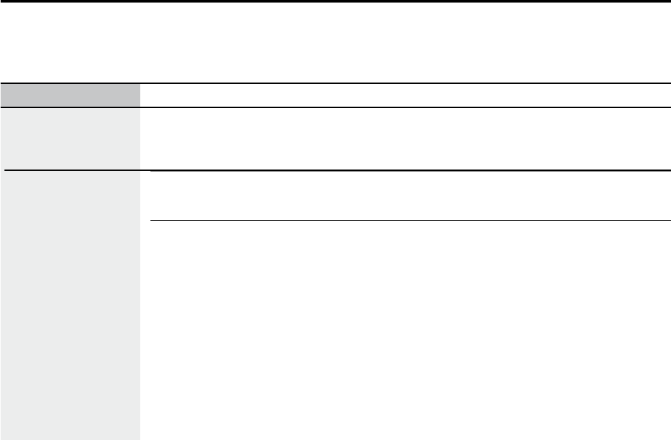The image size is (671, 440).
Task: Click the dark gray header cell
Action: click(70, 95)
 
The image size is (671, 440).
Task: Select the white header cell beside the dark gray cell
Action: click(405, 95)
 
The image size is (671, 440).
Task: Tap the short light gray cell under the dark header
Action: click(70, 138)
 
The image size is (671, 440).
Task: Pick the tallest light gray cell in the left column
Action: click(70, 305)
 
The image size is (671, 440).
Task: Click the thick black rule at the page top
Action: click(335, 1)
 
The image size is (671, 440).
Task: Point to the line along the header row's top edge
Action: click(335, 83)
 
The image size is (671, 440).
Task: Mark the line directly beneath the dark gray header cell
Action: click(70, 107)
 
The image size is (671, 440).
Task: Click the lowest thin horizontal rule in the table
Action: click(410, 221)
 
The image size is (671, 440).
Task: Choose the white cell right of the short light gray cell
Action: click(405, 138)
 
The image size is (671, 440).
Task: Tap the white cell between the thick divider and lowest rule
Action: click(410, 196)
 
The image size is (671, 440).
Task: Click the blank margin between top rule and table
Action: click(335, 42)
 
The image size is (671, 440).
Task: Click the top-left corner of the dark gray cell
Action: click(1, 84)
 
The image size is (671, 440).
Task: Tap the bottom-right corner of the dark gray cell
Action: click(140, 107)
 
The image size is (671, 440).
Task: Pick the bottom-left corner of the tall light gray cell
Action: click(1, 439)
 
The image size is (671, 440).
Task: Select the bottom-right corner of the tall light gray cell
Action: click(140, 439)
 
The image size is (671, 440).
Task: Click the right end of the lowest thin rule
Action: click(670, 221)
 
